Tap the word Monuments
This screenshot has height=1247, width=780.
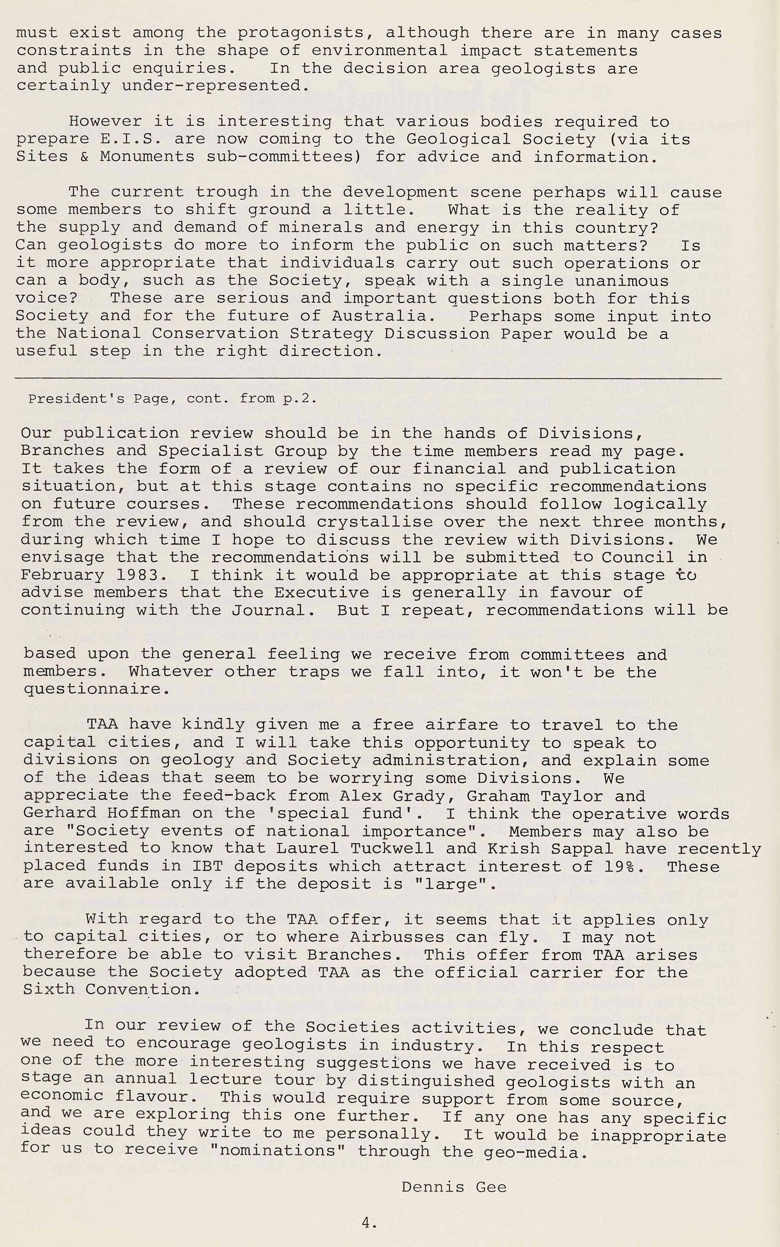[147, 157]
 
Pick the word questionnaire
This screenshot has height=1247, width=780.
[93, 690]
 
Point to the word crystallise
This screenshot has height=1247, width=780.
[374, 522]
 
